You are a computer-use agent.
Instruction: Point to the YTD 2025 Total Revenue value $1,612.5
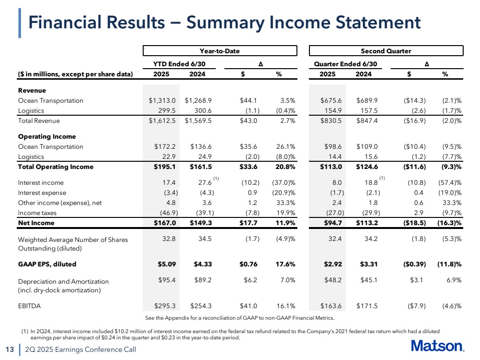click(163, 121)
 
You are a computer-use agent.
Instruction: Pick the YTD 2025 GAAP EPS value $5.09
click(165, 264)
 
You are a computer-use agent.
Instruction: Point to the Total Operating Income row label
click(56, 167)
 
